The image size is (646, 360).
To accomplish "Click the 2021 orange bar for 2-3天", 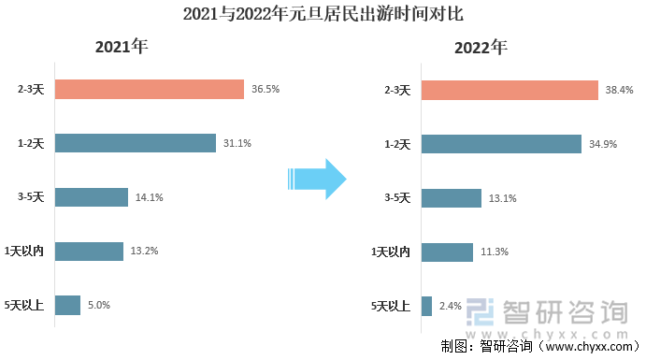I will (x=150, y=90).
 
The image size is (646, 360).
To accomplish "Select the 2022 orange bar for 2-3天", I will (x=509, y=90).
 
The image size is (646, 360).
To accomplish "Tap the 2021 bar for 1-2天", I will (x=136, y=143).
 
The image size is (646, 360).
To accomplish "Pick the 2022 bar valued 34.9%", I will (x=501, y=143).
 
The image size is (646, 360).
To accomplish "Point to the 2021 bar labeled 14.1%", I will (x=92, y=197).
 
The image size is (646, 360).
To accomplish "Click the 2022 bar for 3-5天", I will (x=452, y=197).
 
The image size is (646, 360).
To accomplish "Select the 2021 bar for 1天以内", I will (x=89, y=251).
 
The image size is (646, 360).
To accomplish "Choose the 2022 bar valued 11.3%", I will (x=447, y=252).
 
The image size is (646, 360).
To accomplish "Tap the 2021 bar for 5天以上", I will (x=67, y=305).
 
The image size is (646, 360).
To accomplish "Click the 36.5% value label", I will (x=266, y=90).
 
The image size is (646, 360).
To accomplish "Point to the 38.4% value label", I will (x=619, y=90).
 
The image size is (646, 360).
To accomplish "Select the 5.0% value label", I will (x=99, y=305).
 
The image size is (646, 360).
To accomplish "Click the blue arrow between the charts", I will (x=317, y=178).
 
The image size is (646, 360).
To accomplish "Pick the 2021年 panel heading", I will (x=122, y=48).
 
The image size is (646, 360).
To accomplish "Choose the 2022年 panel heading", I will (x=481, y=48).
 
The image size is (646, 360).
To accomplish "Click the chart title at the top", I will (x=323, y=15).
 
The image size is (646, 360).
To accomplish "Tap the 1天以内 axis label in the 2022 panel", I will (x=391, y=252).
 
